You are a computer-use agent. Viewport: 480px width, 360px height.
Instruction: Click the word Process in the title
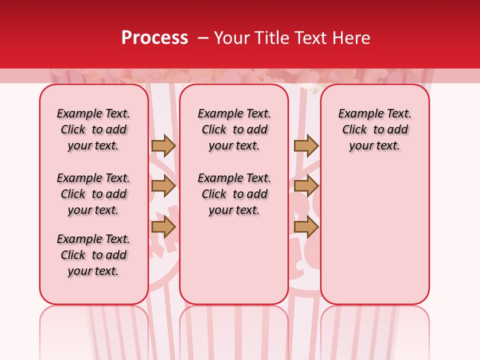(x=154, y=38)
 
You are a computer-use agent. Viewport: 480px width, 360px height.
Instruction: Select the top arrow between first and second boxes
(x=163, y=145)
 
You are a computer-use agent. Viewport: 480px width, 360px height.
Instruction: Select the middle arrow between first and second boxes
(x=163, y=186)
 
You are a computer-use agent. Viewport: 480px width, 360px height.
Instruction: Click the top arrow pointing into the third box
(x=306, y=145)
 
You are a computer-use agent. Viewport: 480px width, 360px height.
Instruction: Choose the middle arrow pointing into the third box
(x=306, y=186)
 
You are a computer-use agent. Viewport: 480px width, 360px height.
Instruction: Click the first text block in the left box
(x=93, y=129)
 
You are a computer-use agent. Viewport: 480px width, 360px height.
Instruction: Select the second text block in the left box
(x=93, y=194)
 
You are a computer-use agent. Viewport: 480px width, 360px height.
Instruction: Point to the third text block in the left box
(x=93, y=255)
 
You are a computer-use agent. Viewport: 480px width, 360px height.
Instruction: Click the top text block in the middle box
(x=234, y=129)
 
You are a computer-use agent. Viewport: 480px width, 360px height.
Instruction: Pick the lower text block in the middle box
(x=234, y=194)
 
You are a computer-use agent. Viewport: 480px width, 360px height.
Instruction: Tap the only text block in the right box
(x=374, y=129)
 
